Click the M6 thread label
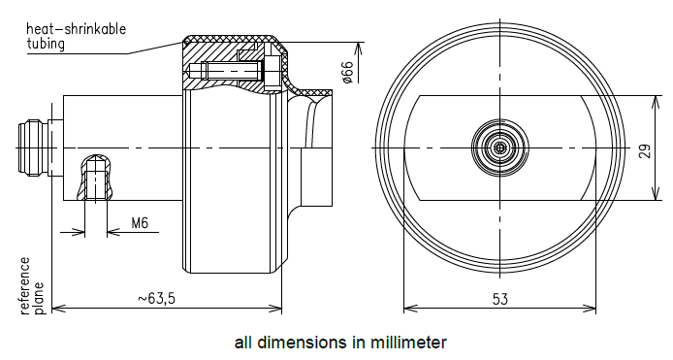(140, 223)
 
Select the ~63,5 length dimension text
(157, 298)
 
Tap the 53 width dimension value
(500, 299)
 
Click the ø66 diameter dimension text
(347, 72)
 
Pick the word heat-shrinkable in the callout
(77, 29)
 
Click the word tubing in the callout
(46, 44)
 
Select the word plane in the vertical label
(39, 298)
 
